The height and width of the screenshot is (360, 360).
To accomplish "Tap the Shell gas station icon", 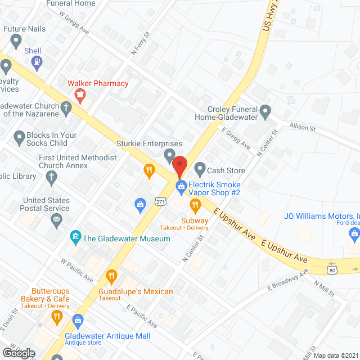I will point(37,63).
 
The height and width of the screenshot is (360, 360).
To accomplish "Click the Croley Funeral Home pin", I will point(265,111).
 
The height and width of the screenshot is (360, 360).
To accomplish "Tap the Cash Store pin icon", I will point(199,168).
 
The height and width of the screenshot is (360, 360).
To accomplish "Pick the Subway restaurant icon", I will point(195,205).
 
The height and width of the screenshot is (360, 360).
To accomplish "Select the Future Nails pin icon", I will point(16,40).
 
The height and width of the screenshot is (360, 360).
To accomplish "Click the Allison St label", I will point(303,127).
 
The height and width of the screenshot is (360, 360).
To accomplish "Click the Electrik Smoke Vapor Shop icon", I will point(181,184).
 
